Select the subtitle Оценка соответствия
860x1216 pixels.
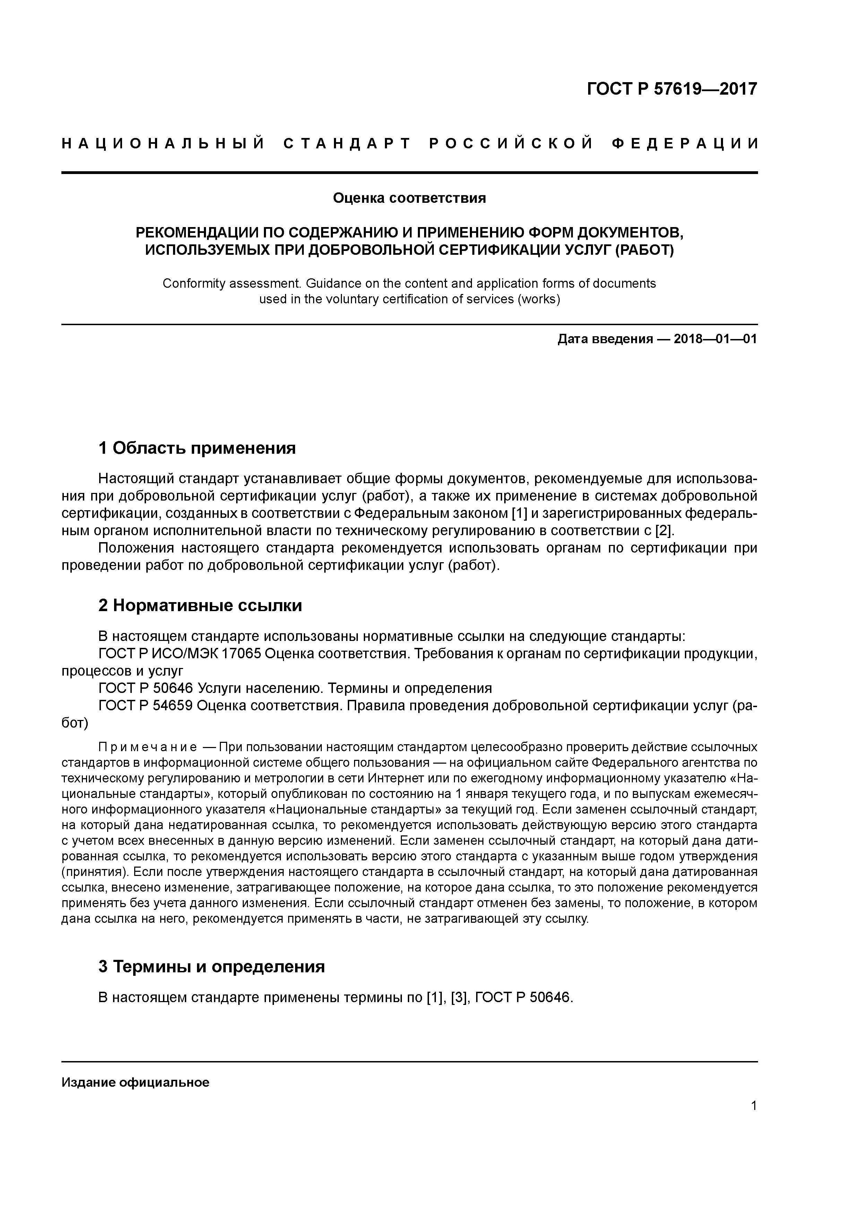pos(409,198)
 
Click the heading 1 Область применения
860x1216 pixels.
pos(197,448)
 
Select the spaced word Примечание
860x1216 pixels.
pos(148,747)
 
